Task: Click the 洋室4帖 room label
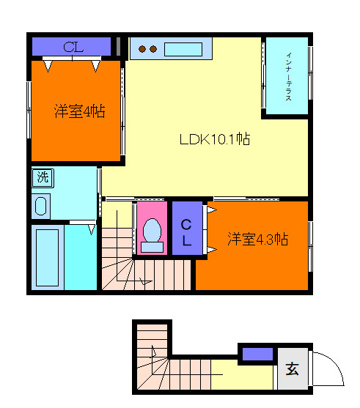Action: (x=78, y=111)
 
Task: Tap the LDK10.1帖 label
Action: (x=215, y=138)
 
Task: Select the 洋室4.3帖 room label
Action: (x=257, y=240)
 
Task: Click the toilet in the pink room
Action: (x=153, y=231)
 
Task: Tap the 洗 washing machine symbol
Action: (x=43, y=177)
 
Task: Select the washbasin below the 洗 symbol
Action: (x=41, y=206)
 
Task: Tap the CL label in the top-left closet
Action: (x=73, y=48)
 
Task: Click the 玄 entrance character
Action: (x=292, y=369)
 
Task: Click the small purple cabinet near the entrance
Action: (x=257, y=355)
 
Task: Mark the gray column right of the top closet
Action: (x=118, y=45)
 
